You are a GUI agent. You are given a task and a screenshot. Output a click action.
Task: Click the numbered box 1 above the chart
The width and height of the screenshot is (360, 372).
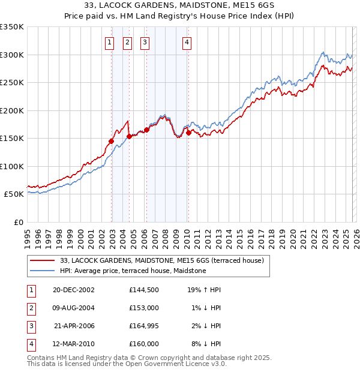click(x=110, y=42)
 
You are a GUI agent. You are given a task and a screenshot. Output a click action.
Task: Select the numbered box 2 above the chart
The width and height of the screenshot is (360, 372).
click(x=128, y=42)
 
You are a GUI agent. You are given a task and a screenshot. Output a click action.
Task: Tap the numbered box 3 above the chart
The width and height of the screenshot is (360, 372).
click(x=145, y=42)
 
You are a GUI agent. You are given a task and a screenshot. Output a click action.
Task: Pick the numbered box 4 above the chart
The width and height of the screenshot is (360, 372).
click(x=187, y=42)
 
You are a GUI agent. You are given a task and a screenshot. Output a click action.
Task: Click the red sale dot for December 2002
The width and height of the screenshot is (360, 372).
click(x=112, y=142)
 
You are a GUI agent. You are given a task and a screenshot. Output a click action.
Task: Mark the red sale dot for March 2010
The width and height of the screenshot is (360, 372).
click(x=188, y=133)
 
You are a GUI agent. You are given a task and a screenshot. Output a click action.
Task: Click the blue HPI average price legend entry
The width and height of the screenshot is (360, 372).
click(x=133, y=271)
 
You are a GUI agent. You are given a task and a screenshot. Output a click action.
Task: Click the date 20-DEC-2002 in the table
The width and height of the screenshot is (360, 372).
click(x=74, y=290)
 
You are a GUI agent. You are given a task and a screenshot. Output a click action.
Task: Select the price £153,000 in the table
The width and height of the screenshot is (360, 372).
click(x=144, y=307)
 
